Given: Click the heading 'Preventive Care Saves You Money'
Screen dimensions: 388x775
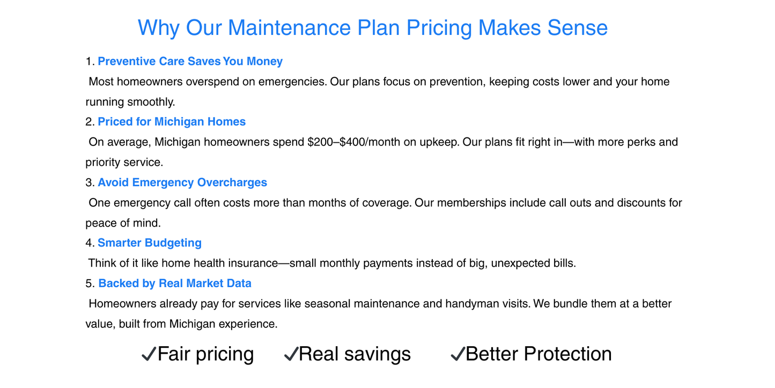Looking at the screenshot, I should (x=190, y=62).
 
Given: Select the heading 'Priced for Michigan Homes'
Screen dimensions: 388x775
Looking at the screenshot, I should (x=172, y=122).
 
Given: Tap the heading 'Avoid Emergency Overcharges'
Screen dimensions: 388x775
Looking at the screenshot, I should (x=182, y=182).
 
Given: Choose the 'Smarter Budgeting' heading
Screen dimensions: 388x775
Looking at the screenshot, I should (x=150, y=243).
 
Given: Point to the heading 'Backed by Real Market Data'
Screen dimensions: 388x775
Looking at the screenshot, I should (x=175, y=283).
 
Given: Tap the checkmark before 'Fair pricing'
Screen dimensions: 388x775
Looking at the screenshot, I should (x=149, y=354).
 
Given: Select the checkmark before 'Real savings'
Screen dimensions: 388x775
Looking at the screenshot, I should (x=291, y=354).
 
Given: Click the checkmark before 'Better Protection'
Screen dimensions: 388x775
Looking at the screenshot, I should (x=457, y=354).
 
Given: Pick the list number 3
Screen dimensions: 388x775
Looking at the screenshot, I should (x=90, y=182).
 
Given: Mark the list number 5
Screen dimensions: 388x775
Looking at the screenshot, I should (x=90, y=283).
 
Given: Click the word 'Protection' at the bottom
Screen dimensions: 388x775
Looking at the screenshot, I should (x=567, y=354).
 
